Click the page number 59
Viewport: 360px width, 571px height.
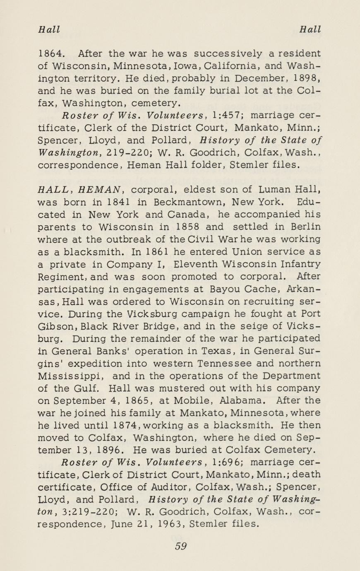180,546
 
